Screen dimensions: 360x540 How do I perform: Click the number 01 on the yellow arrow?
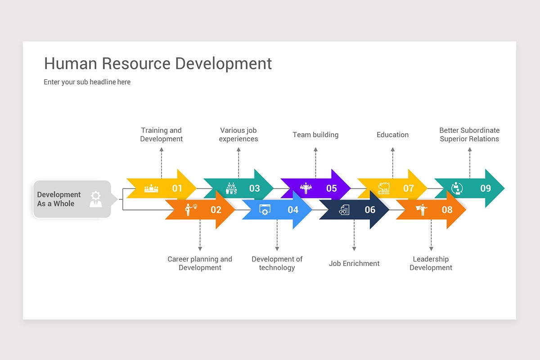177,188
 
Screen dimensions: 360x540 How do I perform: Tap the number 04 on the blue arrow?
293,210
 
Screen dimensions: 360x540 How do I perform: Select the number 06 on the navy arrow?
370,210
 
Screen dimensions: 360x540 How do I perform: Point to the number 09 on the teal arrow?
486,188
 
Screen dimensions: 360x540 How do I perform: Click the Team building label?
315,135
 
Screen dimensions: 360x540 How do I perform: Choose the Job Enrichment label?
354,263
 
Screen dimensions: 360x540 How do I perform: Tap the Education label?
392,135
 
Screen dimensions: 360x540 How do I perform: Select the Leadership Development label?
431,263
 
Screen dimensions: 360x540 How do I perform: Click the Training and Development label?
161,135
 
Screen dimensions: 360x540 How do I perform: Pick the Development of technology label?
277,263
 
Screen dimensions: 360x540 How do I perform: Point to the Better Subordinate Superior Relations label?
469,135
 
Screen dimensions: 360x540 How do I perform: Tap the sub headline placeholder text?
87,82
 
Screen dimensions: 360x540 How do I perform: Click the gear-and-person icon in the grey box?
95,199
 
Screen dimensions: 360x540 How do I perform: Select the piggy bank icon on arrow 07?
383,188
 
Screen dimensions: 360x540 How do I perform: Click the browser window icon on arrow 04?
265,210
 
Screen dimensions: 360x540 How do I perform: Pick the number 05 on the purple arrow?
332,188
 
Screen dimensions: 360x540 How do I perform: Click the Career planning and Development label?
200,263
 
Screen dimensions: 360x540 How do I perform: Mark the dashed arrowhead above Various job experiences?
238,149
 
